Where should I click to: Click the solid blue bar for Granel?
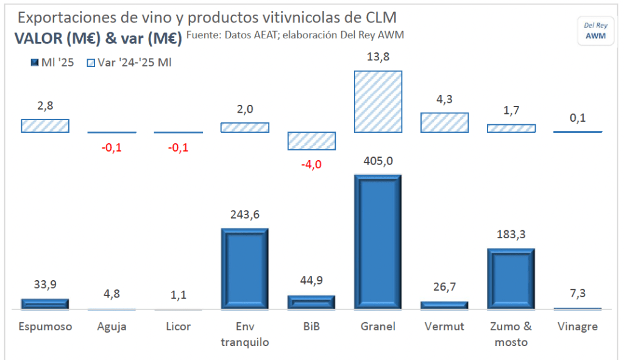coord(377,242)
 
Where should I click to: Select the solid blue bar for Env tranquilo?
coord(244,269)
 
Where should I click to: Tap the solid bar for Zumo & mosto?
coord(511,279)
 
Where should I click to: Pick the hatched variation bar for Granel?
coord(377,101)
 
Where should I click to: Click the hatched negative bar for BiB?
coord(311,141)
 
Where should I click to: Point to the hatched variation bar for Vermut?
coord(444,122)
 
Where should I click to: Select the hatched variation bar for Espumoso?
coord(45,125)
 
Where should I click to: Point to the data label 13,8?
coord(378,57)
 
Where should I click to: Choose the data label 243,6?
coord(244,214)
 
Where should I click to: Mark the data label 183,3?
coord(511,235)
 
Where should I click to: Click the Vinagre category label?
coord(578,326)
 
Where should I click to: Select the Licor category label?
coord(178,326)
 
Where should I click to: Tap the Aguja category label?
coord(112,326)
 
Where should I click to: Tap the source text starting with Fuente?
coord(295,35)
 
